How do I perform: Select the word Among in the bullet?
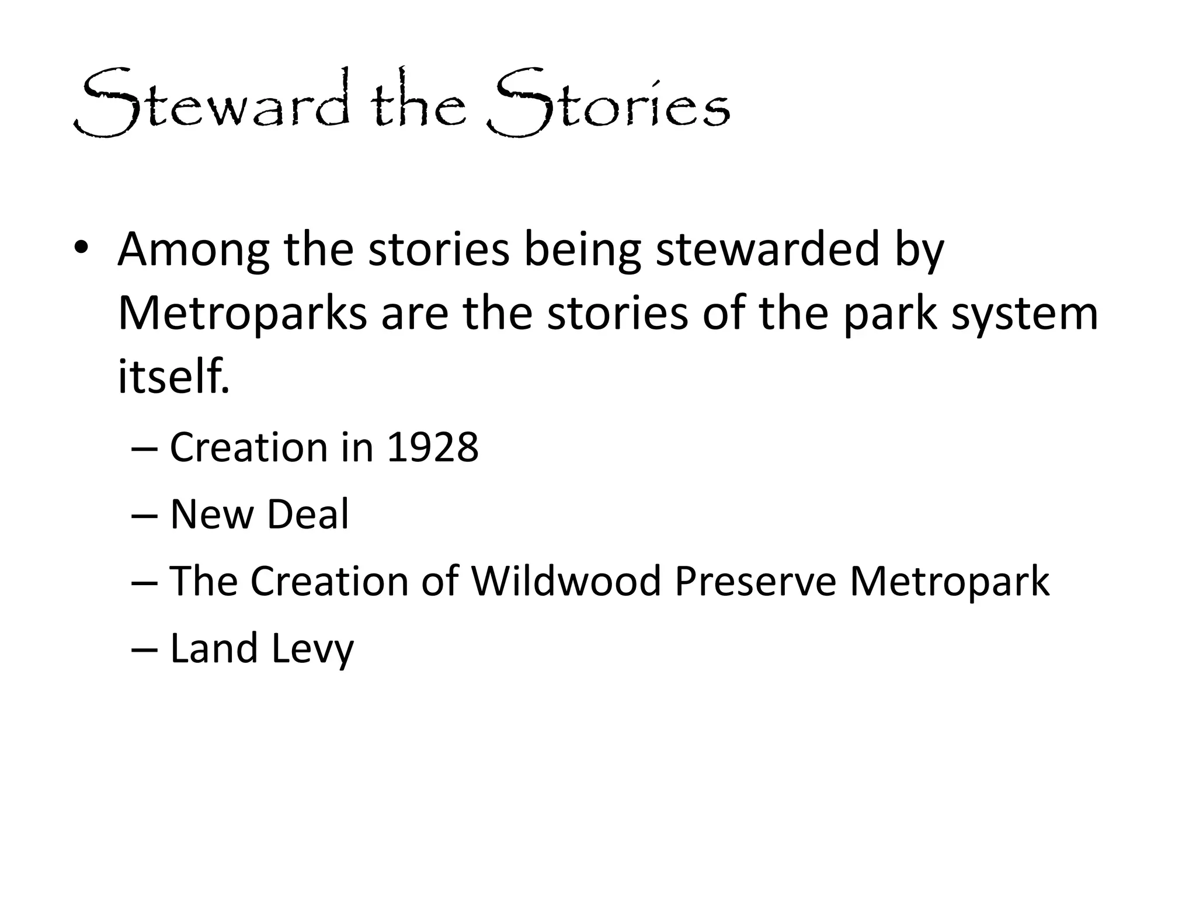tap(193, 249)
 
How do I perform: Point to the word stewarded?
tap(767, 249)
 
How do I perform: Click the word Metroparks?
tap(242, 314)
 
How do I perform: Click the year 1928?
tap(432, 448)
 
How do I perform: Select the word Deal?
tap(308, 514)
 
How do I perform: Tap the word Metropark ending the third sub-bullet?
tap(949, 582)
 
